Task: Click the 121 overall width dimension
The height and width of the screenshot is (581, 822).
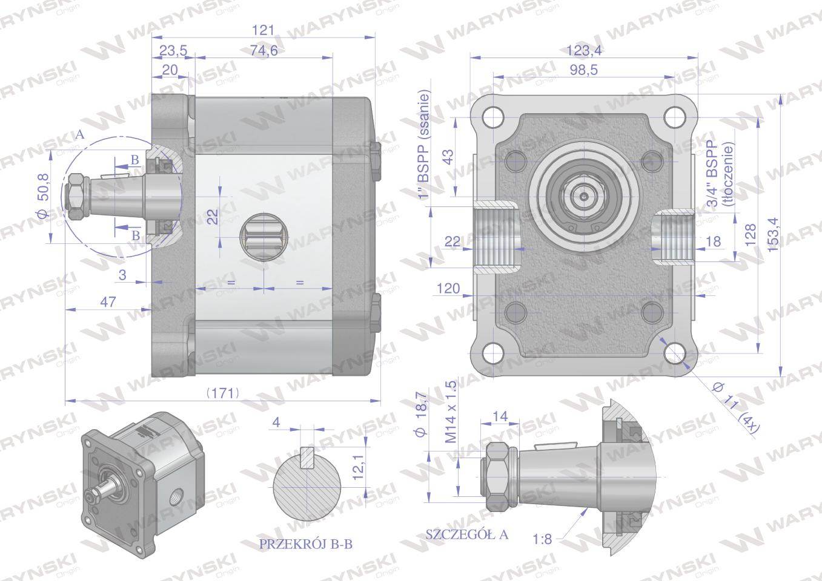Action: (x=263, y=30)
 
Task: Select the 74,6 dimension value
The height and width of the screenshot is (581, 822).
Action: (x=264, y=50)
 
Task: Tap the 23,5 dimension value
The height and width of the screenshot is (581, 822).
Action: (x=173, y=50)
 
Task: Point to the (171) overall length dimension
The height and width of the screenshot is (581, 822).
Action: (x=223, y=393)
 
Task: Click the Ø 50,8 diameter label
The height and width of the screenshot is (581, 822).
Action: (x=43, y=196)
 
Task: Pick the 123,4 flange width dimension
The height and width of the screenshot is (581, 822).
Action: (x=584, y=50)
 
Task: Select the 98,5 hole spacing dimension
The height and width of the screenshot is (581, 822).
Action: (x=583, y=70)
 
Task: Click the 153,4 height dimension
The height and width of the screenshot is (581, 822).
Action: (x=772, y=235)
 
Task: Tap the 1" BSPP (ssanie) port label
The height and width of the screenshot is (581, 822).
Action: (x=423, y=144)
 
